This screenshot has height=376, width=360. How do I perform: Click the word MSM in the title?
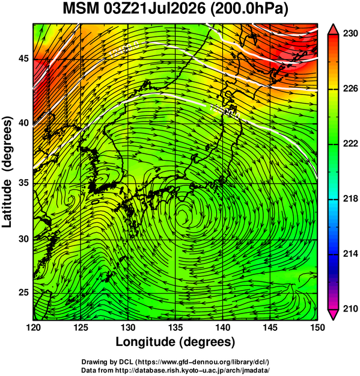point(81,9)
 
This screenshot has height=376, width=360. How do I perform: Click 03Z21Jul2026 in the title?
point(154,9)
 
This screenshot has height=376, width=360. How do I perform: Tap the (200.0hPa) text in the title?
point(249,10)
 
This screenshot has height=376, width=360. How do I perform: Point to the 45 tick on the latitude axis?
point(23,59)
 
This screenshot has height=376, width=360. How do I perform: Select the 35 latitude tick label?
point(23,183)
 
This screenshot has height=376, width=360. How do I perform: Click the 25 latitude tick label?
point(23,293)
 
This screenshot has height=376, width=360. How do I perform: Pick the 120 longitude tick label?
point(33,327)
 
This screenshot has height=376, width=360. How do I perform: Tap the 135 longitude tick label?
point(175,327)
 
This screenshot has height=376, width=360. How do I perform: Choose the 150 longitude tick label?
point(317,327)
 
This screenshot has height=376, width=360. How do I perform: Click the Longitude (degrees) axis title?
point(175,342)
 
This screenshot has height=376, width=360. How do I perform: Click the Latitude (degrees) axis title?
point(7,171)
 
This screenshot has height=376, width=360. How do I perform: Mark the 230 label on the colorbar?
point(350,34)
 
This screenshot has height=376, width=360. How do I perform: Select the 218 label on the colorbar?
point(350,199)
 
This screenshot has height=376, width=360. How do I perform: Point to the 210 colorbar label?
point(350,309)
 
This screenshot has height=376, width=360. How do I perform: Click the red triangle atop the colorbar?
point(334,30)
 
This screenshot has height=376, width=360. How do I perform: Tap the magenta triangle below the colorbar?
point(334,315)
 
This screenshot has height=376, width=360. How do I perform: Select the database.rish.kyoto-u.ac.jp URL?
point(192,370)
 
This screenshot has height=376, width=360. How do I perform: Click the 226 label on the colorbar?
point(350,88)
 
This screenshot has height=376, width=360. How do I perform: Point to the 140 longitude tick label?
point(223,327)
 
